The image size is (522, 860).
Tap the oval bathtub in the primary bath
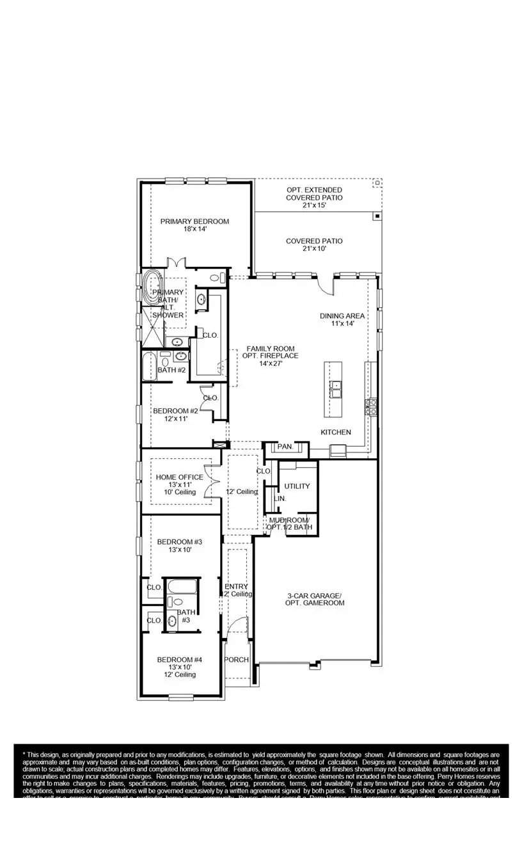[152, 288]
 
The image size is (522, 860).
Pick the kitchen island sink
[335, 388]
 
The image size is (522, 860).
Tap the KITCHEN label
[336, 433]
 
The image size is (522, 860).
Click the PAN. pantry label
[285, 447]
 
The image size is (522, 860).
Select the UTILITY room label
[297, 486]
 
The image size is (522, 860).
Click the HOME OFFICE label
[180, 477]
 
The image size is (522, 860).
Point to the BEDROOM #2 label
[175, 411]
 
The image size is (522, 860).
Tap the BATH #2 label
[171, 370]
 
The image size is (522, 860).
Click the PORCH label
[236, 660]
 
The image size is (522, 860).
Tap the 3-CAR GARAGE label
[315, 598]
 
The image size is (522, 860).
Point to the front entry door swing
[239, 627]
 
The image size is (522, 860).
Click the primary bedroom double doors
[176, 263]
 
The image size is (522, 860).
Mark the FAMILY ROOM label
[269, 351]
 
